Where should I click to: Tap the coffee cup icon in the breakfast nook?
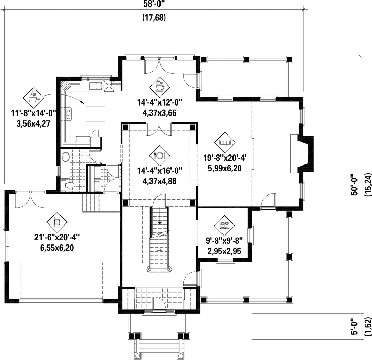tap(159, 86)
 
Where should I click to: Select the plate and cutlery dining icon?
tap(159, 156)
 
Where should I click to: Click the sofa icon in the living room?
tap(225, 142)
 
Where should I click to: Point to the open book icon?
tap(225, 226)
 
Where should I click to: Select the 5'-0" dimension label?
tap(354, 327)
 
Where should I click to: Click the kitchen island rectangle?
tap(96, 114)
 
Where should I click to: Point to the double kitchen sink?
tap(95, 86)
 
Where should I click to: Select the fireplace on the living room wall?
tap(302, 154)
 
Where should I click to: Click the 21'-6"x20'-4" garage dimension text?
tap(57, 237)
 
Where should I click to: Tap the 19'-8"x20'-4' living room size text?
tap(226, 158)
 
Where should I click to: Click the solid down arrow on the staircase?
tap(160, 222)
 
